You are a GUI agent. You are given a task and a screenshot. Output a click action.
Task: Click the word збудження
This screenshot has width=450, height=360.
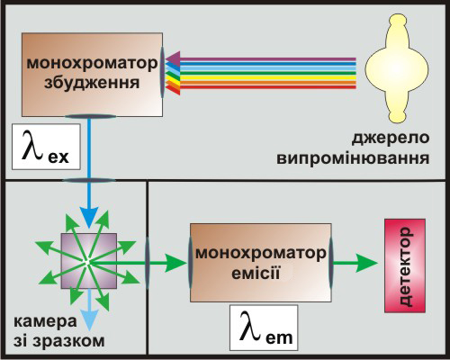tap(92, 83)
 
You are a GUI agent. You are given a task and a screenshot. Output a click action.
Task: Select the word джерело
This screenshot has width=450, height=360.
tap(391, 139)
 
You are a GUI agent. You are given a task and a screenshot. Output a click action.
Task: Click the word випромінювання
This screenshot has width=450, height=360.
tap(353, 158)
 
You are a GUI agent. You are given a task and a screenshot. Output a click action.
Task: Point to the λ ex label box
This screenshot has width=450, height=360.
tap(46, 147)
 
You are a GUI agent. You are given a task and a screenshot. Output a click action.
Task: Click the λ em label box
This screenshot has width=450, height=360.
tap(264, 328)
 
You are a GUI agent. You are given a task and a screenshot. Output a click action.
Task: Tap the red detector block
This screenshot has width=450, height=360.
tap(405, 265)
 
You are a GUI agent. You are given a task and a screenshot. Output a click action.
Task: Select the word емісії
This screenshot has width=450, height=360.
tap(256, 274)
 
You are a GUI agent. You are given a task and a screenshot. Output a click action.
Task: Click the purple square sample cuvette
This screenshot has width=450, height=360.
tap(89, 261)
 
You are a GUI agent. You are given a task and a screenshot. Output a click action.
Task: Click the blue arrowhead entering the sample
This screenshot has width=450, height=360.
tap(89, 218)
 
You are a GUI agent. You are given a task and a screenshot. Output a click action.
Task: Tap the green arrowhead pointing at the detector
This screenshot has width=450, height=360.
tap(366, 263)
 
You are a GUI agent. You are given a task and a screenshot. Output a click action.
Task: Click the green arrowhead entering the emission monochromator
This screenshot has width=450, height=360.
tap(175, 263)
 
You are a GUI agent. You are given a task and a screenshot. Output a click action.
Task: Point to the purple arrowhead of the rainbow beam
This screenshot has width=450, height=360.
tap(173, 58)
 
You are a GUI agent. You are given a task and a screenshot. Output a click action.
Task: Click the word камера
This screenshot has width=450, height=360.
tap(45, 322)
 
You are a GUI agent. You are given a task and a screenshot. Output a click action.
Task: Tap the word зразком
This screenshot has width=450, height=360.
tap(68, 342)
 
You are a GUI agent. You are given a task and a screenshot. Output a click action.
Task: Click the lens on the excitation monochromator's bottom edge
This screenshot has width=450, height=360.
tap(91, 116)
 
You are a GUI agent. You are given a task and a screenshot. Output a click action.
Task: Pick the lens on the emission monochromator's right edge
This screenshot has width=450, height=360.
tap(330, 263)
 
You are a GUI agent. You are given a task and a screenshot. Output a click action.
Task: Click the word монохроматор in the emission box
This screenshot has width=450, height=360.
tap(261, 254)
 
